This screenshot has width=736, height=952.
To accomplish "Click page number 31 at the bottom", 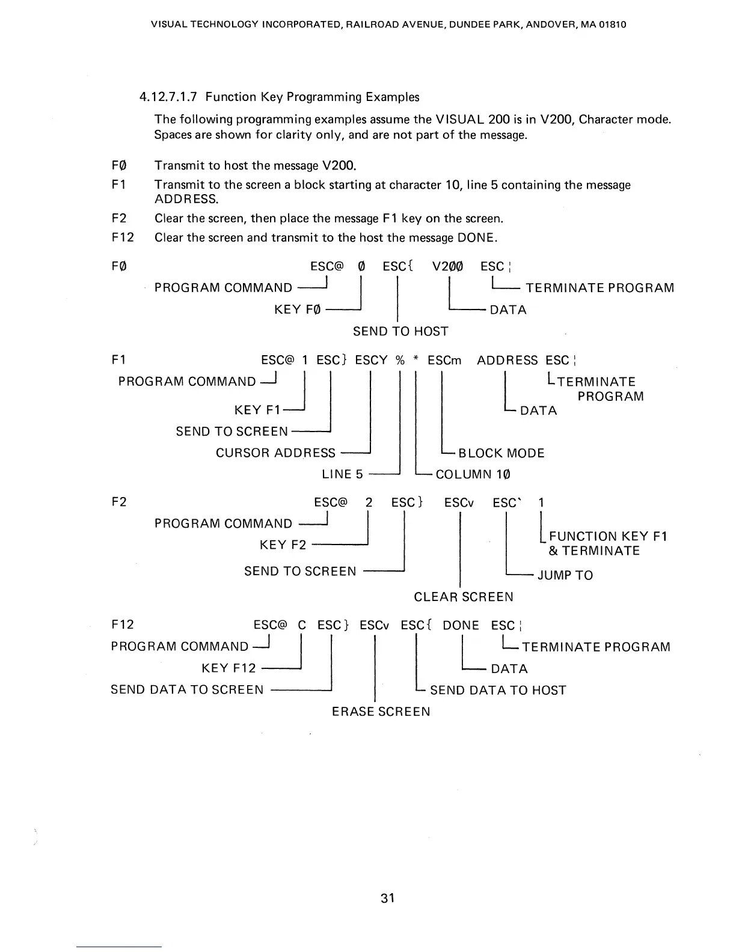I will click(388, 899).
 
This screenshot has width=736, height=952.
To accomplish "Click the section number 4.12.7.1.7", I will click(169, 97).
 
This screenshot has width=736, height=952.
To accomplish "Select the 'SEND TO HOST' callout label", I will click(400, 331).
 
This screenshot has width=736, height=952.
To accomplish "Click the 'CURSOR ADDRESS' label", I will click(275, 453).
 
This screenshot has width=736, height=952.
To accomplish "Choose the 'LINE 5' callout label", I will click(342, 474).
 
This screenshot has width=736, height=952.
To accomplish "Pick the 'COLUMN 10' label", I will click(473, 474).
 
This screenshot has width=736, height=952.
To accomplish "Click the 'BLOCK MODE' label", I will click(501, 453).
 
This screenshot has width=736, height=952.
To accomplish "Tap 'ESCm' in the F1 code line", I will click(444, 361).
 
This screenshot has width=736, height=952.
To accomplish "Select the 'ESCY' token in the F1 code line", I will click(371, 361).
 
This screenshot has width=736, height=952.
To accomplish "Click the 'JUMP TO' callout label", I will click(565, 575).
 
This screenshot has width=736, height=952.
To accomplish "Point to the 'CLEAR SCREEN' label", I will click(464, 597).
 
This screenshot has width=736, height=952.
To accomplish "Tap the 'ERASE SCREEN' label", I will click(381, 712).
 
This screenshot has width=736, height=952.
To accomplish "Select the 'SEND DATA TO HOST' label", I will click(498, 690).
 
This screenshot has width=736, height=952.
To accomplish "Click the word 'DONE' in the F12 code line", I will click(461, 626).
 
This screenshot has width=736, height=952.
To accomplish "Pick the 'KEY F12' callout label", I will click(228, 668).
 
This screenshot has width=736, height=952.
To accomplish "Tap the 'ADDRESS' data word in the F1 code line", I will click(508, 361).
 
